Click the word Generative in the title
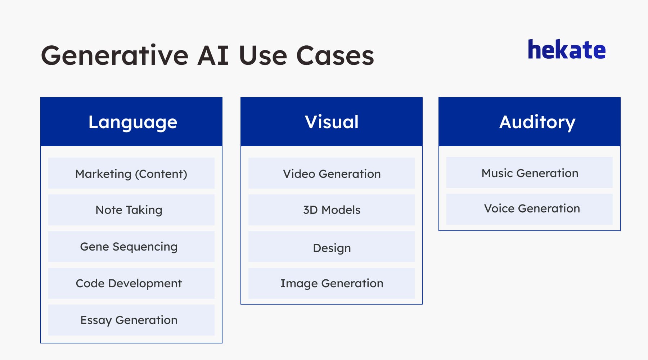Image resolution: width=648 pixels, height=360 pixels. click(x=114, y=55)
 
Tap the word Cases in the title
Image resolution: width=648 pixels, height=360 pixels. click(x=335, y=55)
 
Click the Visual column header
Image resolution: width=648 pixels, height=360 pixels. click(x=332, y=122)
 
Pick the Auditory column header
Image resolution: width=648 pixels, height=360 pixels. click(x=537, y=122)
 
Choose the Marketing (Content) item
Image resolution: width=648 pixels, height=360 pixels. click(x=131, y=174)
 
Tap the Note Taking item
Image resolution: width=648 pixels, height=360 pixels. click(x=129, y=210)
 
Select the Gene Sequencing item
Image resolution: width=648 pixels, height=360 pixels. click(x=129, y=247)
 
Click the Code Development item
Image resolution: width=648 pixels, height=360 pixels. click(x=129, y=283)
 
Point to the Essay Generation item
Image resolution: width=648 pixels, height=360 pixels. click(x=129, y=320)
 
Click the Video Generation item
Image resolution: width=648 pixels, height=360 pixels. click(x=332, y=174)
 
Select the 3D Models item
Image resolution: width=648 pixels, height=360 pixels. click(x=332, y=210)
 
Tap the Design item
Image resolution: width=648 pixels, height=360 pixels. click(x=332, y=248)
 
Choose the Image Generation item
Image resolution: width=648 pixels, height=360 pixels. click(x=332, y=283)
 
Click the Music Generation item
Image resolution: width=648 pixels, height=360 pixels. click(x=530, y=173)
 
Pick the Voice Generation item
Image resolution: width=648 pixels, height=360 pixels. click(x=532, y=208)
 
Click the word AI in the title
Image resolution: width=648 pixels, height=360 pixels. click(x=213, y=55)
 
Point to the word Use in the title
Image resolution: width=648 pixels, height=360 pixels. click(x=262, y=55)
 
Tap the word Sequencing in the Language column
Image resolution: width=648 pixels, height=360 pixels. click(x=145, y=247)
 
